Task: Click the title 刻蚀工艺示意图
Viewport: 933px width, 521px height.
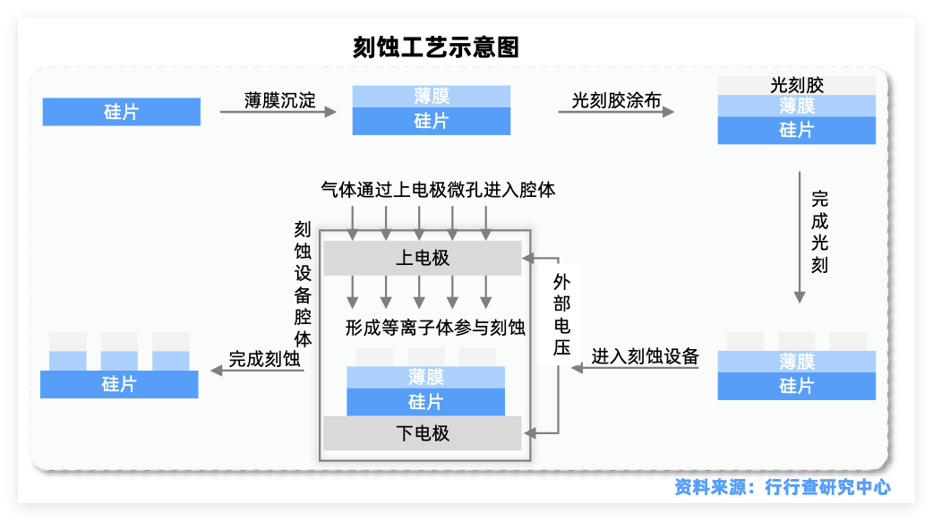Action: (436, 47)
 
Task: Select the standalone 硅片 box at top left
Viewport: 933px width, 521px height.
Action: (121, 112)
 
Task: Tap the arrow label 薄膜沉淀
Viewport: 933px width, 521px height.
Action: (280, 99)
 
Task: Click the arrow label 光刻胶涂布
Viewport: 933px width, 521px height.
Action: (616, 99)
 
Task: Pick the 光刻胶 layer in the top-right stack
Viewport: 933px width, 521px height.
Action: (796, 86)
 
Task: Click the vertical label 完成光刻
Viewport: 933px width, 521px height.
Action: (819, 231)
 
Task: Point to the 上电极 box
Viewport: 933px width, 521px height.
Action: (422, 258)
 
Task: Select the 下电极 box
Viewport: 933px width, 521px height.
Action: (422, 433)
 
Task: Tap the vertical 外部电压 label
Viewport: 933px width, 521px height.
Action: (561, 314)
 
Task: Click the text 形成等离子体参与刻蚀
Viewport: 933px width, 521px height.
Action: (435, 328)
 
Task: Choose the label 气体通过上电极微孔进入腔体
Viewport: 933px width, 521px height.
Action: (438, 190)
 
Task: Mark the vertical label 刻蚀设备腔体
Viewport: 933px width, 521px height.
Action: (303, 285)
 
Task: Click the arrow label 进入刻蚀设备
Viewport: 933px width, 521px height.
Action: (645, 355)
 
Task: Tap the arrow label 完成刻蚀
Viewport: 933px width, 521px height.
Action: (264, 359)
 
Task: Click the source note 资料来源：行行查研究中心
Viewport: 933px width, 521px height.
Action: (783, 487)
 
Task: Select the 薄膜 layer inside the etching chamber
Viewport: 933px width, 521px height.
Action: (425, 378)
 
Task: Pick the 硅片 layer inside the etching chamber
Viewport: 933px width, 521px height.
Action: (425, 402)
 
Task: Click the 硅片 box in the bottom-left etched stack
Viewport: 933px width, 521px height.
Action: (119, 384)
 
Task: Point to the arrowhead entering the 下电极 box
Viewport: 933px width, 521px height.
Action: (529, 433)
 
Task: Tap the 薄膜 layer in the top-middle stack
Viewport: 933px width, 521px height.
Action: (432, 97)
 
